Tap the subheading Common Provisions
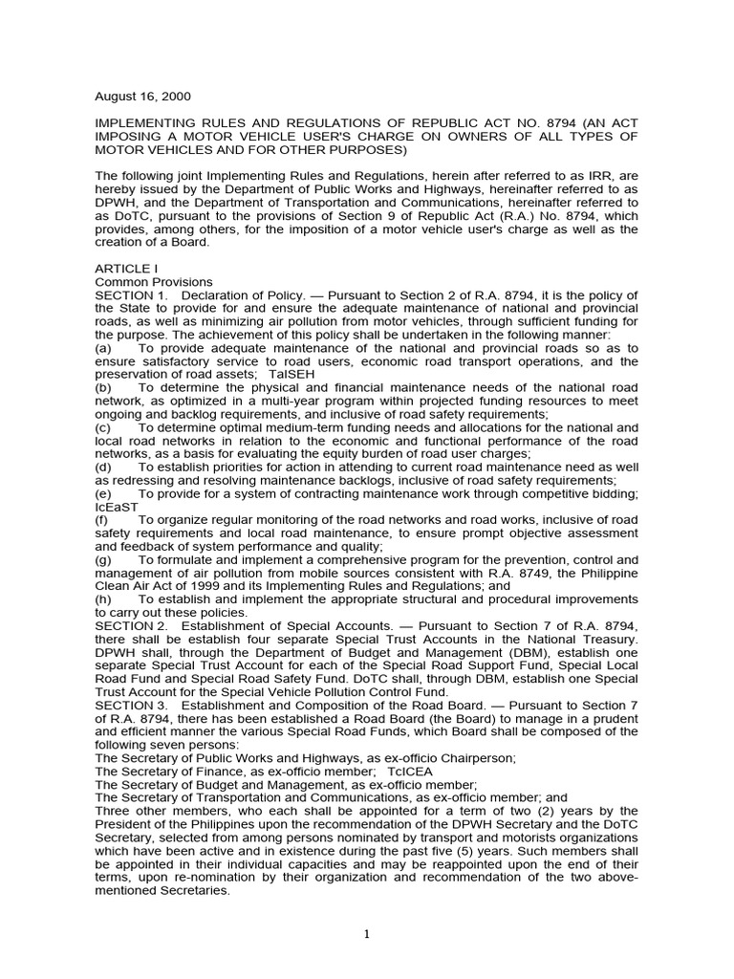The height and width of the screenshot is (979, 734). click(154, 283)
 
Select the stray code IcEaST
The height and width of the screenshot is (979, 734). click(116, 507)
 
